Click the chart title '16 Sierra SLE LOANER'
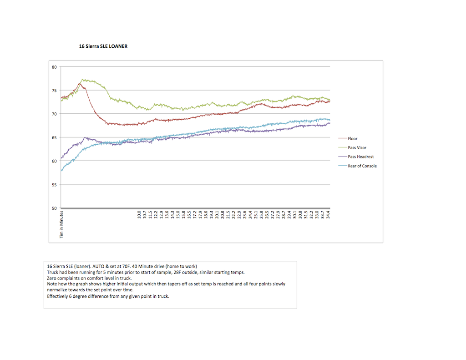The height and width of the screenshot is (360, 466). pyautogui.click(x=103, y=46)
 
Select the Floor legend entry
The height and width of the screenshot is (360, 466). pyautogui.click(x=348, y=138)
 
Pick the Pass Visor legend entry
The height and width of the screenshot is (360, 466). pyautogui.click(x=352, y=148)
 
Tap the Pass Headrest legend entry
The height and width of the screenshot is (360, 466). pyautogui.click(x=356, y=157)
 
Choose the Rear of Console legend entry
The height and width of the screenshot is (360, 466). pyautogui.click(x=357, y=166)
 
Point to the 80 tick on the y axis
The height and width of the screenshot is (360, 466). pyautogui.click(x=54, y=67)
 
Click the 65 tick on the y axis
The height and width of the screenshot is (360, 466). pyautogui.click(x=54, y=137)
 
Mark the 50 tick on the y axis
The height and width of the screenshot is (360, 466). pyautogui.click(x=54, y=208)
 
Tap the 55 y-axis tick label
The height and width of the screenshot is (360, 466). pyautogui.click(x=54, y=185)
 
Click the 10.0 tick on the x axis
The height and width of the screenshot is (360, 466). pyautogui.click(x=139, y=215)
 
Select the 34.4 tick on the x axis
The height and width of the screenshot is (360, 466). pyautogui.click(x=328, y=215)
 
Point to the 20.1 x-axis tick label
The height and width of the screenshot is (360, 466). pyautogui.click(x=217, y=215)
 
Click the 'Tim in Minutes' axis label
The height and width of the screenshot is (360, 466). pyautogui.click(x=61, y=224)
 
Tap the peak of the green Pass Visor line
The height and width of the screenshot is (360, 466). pyautogui.click(x=82, y=79)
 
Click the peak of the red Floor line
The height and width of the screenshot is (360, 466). pyautogui.click(x=79, y=84)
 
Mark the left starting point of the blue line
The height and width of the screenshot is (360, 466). pyautogui.click(x=61, y=171)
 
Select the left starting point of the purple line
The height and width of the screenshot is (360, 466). pyautogui.click(x=61, y=158)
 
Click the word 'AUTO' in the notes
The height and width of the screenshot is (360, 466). pyautogui.click(x=98, y=266)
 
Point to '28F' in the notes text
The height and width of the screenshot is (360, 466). pyautogui.click(x=178, y=272)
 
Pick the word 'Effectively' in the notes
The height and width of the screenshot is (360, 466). pyautogui.click(x=57, y=296)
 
